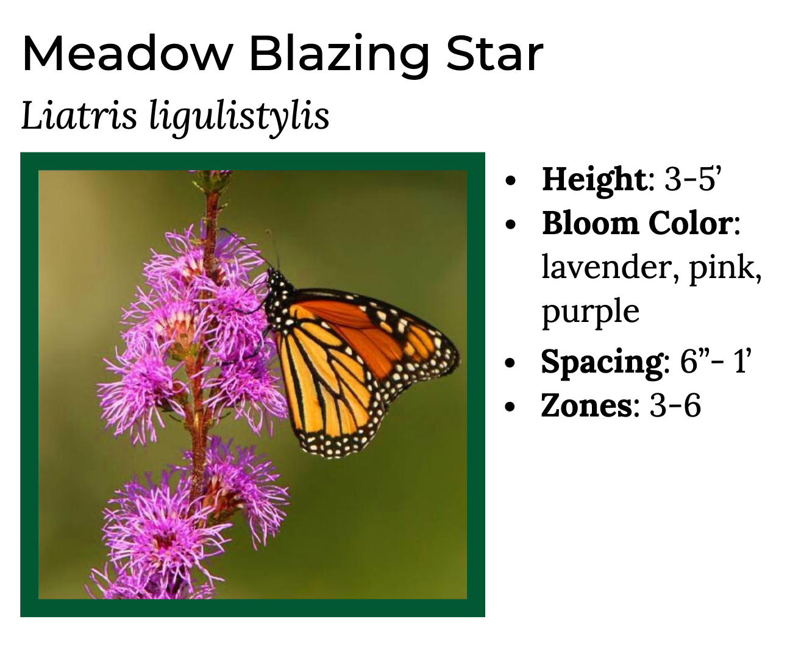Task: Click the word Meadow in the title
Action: coord(128,53)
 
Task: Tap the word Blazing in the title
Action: coord(340,57)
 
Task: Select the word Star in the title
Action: coord(494,53)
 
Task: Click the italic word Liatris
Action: coord(79,115)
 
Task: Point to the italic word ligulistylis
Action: coord(239,117)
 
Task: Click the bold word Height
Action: coord(594,179)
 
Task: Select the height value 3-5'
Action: coord(692,179)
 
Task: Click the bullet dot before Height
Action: coord(510,181)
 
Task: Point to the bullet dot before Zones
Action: coord(510,407)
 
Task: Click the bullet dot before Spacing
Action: coord(510,362)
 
